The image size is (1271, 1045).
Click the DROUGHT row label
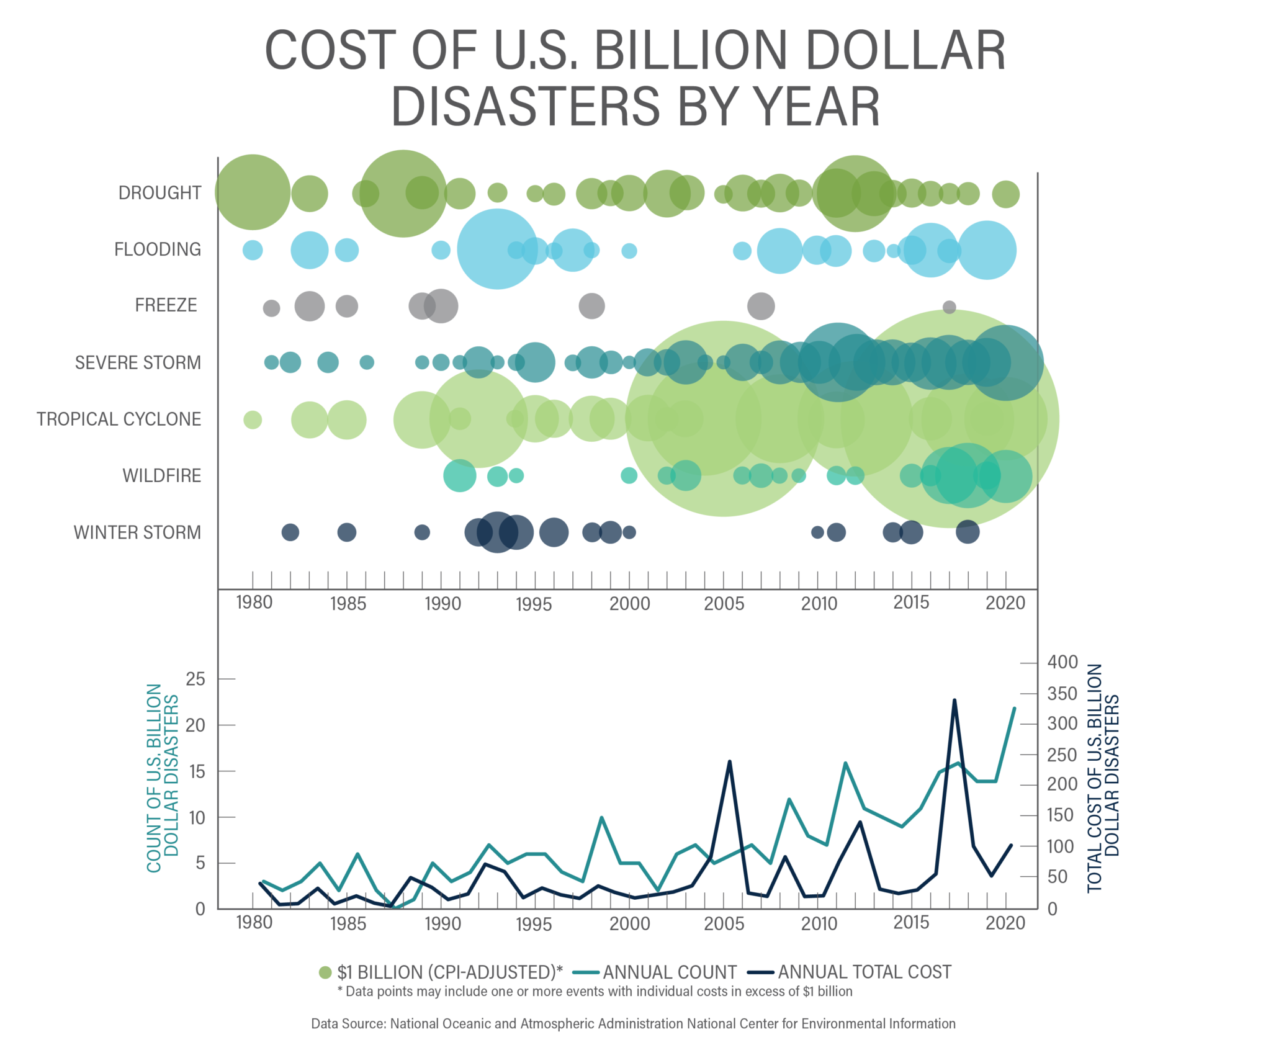coord(159,193)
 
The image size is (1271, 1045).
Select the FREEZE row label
coord(166,305)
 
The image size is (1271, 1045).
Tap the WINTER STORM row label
coord(137,532)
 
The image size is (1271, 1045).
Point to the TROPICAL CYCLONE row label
coord(119,419)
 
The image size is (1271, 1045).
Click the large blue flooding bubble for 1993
coord(496,249)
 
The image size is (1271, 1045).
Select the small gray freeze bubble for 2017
coord(949,307)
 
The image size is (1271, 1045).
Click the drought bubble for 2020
coord(1005,194)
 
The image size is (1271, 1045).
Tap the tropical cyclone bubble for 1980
coord(252,419)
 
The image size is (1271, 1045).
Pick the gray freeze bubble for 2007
coord(761,306)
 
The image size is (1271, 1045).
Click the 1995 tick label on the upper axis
coord(533,604)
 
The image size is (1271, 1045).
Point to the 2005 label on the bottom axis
coord(724,924)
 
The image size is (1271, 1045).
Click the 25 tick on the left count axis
coord(195,679)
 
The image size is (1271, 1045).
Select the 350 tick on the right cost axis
coord(1062,694)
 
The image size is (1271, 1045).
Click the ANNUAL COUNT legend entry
coord(669,972)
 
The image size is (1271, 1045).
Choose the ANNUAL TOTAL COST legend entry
coord(864,972)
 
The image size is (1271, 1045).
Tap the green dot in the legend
coord(325,972)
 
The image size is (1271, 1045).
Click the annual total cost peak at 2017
coord(954,700)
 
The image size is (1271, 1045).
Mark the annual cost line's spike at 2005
coord(729,761)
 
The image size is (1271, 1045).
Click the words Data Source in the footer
coord(348,1024)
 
